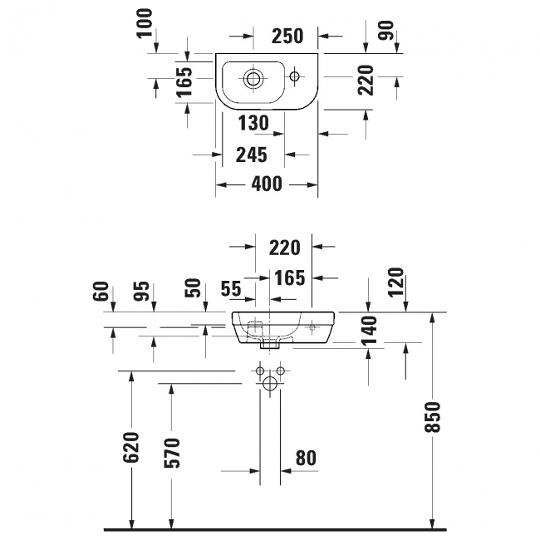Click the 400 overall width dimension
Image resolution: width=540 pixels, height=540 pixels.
point(267,184)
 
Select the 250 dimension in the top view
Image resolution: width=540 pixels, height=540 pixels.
point(287,36)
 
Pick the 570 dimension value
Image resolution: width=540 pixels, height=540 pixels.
point(173,451)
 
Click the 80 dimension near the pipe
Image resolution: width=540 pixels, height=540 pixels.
point(306,458)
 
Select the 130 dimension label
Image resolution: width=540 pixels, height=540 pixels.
point(253,123)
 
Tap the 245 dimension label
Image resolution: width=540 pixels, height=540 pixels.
point(251,155)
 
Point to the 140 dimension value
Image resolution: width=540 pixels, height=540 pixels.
point(369,330)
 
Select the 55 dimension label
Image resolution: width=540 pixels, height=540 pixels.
point(231,288)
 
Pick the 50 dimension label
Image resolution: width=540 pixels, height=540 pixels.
point(193,290)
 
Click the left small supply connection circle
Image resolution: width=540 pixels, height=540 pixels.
point(261,370)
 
